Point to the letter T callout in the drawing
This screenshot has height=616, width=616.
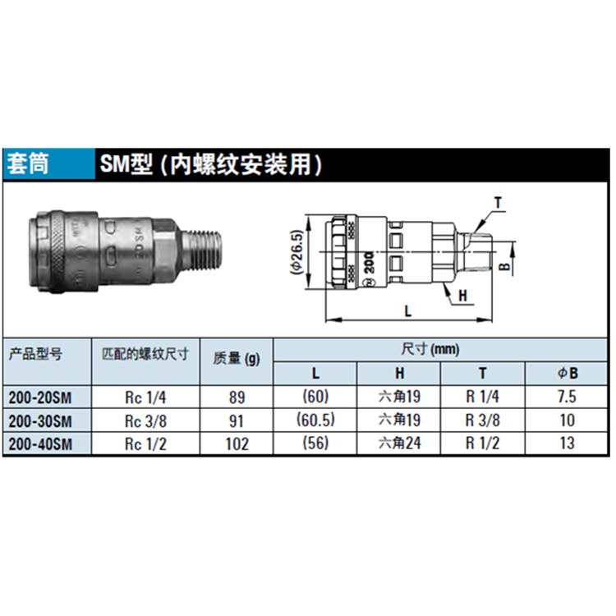(497, 201)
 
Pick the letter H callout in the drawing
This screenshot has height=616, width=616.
(462, 295)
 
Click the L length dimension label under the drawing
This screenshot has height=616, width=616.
(407, 310)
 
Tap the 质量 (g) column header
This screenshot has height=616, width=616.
(237, 358)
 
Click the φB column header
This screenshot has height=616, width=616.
(568, 373)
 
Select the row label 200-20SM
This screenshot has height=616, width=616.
(40, 398)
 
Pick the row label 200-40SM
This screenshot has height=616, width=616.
(40, 443)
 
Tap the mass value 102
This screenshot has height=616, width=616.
(237, 443)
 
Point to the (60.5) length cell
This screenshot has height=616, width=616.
(315, 421)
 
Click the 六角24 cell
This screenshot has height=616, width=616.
(399, 443)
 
